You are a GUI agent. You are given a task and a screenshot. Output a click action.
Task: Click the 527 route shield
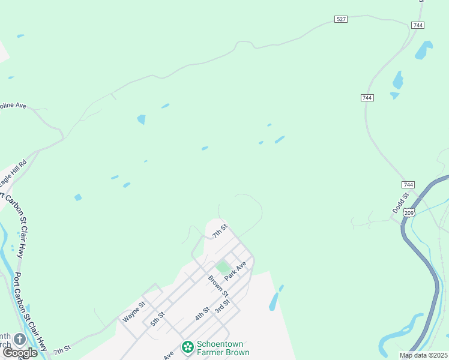pyautogui.click(x=341, y=19)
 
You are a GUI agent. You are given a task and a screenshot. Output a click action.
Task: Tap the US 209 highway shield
pyautogui.click(x=409, y=212)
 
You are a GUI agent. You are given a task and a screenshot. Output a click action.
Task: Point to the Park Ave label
pyautogui.click(x=235, y=271)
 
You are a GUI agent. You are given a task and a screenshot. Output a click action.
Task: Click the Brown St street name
pyautogui.click(x=218, y=285)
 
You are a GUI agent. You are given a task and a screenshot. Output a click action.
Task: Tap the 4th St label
pyautogui.click(x=202, y=314)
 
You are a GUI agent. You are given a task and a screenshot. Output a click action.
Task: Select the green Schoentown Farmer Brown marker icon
pyautogui.click(x=187, y=346)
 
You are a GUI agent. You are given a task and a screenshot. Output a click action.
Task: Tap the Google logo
pyautogui.click(x=20, y=353)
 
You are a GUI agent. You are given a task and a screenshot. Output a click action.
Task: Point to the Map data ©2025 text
pyautogui.click(x=424, y=355)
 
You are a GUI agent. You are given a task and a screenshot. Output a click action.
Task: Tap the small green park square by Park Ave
pyautogui.click(x=223, y=267)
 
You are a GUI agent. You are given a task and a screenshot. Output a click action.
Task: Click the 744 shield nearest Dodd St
pyautogui.click(x=408, y=185)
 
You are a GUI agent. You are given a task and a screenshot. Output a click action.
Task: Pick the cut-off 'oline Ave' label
pyautogui.click(x=13, y=106)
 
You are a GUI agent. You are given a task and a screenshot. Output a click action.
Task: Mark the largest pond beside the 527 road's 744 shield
pyautogui.click(x=423, y=50)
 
